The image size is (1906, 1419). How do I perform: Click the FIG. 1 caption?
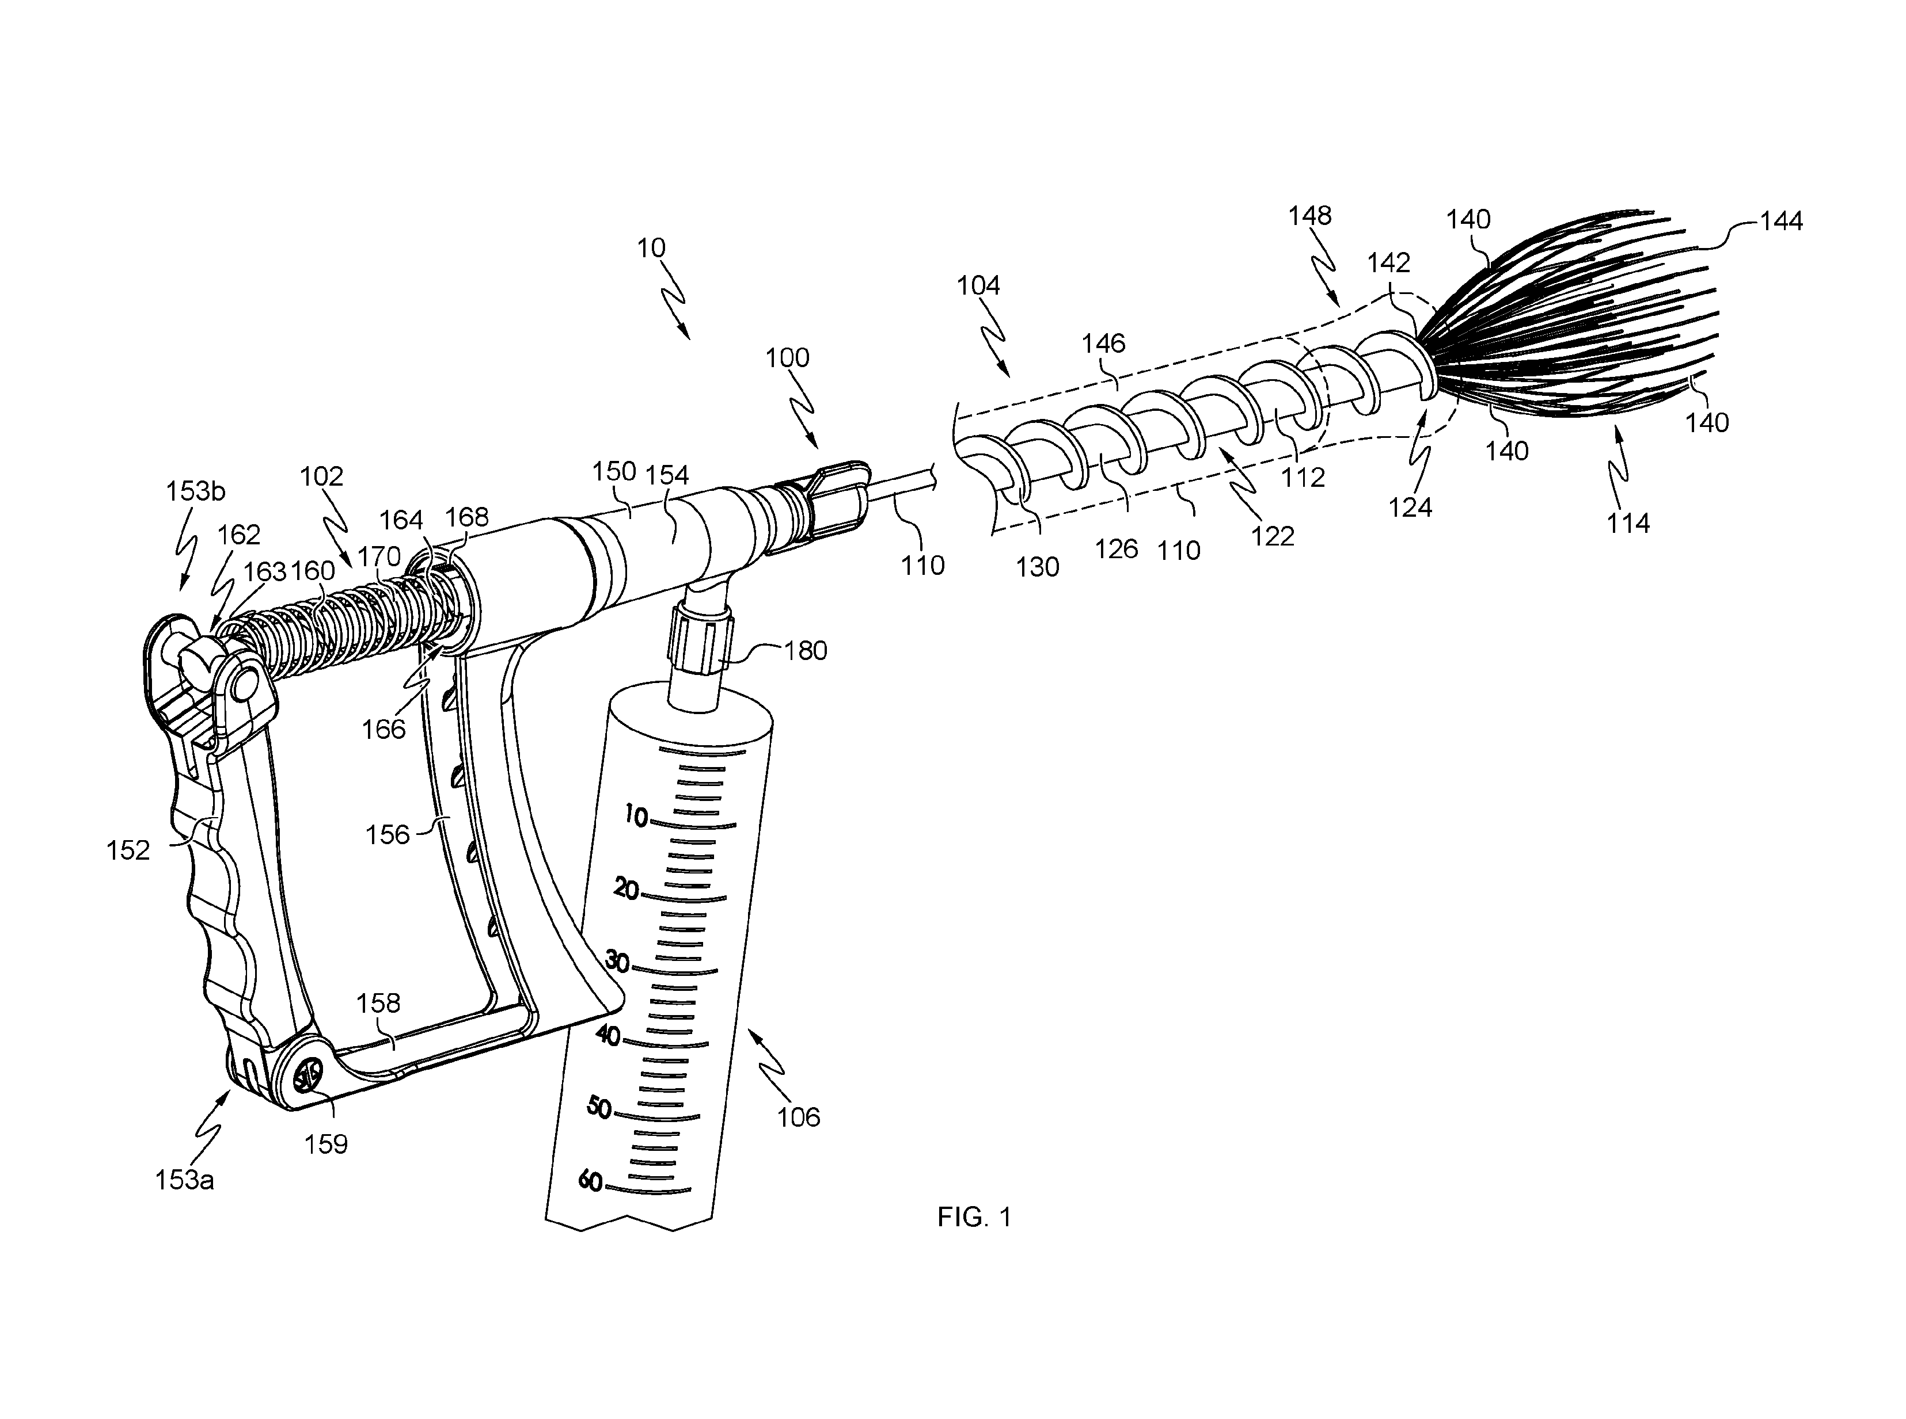(974, 1217)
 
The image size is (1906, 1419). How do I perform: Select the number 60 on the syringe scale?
(590, 1181)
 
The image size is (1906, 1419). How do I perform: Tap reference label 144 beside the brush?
(1780, 222)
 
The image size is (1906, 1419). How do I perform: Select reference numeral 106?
(798, 1117)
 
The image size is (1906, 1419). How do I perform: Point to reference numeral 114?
(1628, 522)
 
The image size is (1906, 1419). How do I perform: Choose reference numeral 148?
(1309, 216)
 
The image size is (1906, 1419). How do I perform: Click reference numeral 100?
(787, 357)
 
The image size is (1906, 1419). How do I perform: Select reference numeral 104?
(978, 285)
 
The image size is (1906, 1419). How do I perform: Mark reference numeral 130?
(1037, 567)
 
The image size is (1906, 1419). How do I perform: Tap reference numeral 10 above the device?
(651, 248)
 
